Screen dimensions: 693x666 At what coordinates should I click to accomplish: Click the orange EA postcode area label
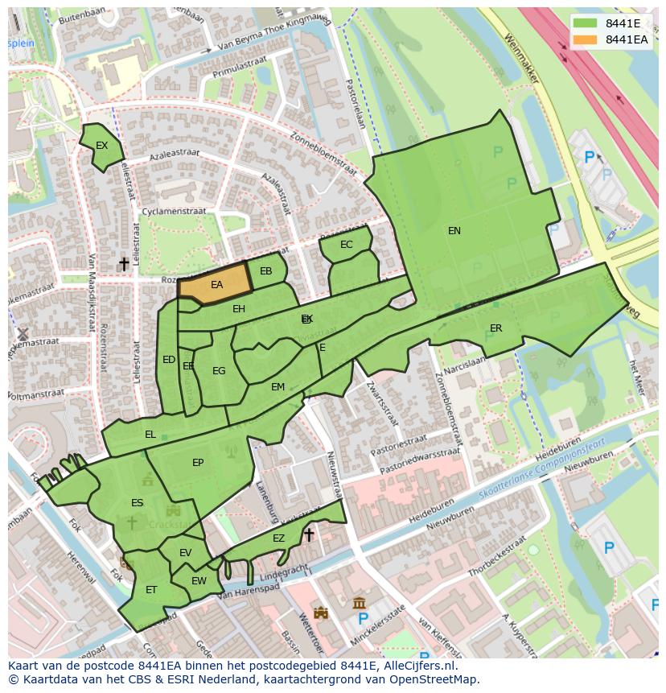click(216, 285)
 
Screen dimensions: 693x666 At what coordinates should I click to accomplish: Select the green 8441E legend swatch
click(586, 23)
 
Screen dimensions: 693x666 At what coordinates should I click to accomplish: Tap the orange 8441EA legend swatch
click(586, 39)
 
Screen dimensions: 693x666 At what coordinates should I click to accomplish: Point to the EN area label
click(454, 231)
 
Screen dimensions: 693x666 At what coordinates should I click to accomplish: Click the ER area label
click(495, 328)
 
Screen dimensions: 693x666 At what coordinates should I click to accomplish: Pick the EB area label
click(266, 271)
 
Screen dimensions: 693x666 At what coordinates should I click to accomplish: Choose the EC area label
click(347, 245)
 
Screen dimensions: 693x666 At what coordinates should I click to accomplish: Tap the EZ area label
click(278, 538)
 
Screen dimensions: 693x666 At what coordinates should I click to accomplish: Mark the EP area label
click(198, 463)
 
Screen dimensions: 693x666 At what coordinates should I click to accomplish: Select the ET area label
click(151, 590)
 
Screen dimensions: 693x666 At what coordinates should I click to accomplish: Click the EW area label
click(199, 581)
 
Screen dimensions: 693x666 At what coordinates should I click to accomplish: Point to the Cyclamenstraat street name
click(174, 212)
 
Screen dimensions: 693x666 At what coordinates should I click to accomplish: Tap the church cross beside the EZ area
click(309, 534)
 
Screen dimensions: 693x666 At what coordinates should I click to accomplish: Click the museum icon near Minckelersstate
click(360, 603)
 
